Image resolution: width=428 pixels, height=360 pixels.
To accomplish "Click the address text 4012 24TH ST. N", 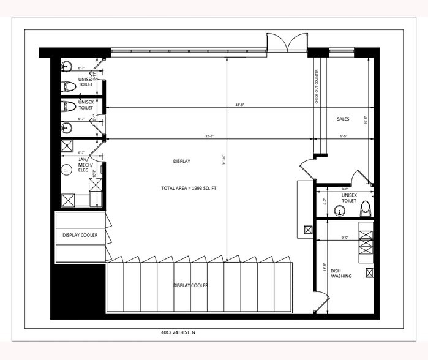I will (x=178, y=334).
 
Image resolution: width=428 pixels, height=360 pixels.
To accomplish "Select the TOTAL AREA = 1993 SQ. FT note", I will (x=189, y=188).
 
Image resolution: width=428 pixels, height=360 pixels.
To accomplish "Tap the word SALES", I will (x=343, y=118).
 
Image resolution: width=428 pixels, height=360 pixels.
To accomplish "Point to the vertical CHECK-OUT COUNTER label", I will (x=317, y=88).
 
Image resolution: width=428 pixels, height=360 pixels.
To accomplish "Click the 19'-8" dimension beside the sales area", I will (x=366, y=121).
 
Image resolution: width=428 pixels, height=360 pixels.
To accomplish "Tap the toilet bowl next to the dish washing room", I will (x=365, y=208).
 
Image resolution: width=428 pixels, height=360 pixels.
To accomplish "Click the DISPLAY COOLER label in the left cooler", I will (x=80, y=235).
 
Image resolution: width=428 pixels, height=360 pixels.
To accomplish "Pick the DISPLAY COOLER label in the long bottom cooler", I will (x=190, y=285).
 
